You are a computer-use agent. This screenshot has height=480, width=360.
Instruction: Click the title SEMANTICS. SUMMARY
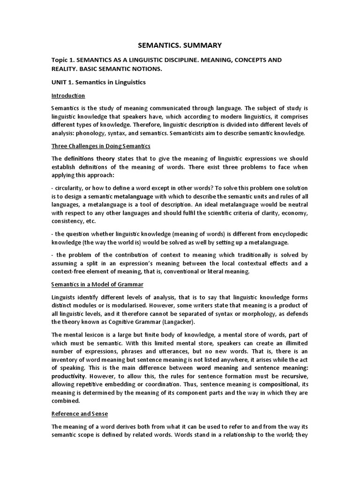coord(180,45)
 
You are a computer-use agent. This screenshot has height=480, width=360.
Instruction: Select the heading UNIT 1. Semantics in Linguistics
coord(98,82)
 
